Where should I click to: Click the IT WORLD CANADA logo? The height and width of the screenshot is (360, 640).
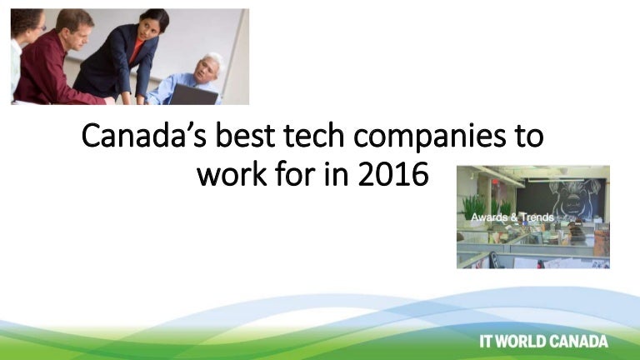544,341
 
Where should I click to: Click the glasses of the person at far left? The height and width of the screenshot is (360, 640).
37,27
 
